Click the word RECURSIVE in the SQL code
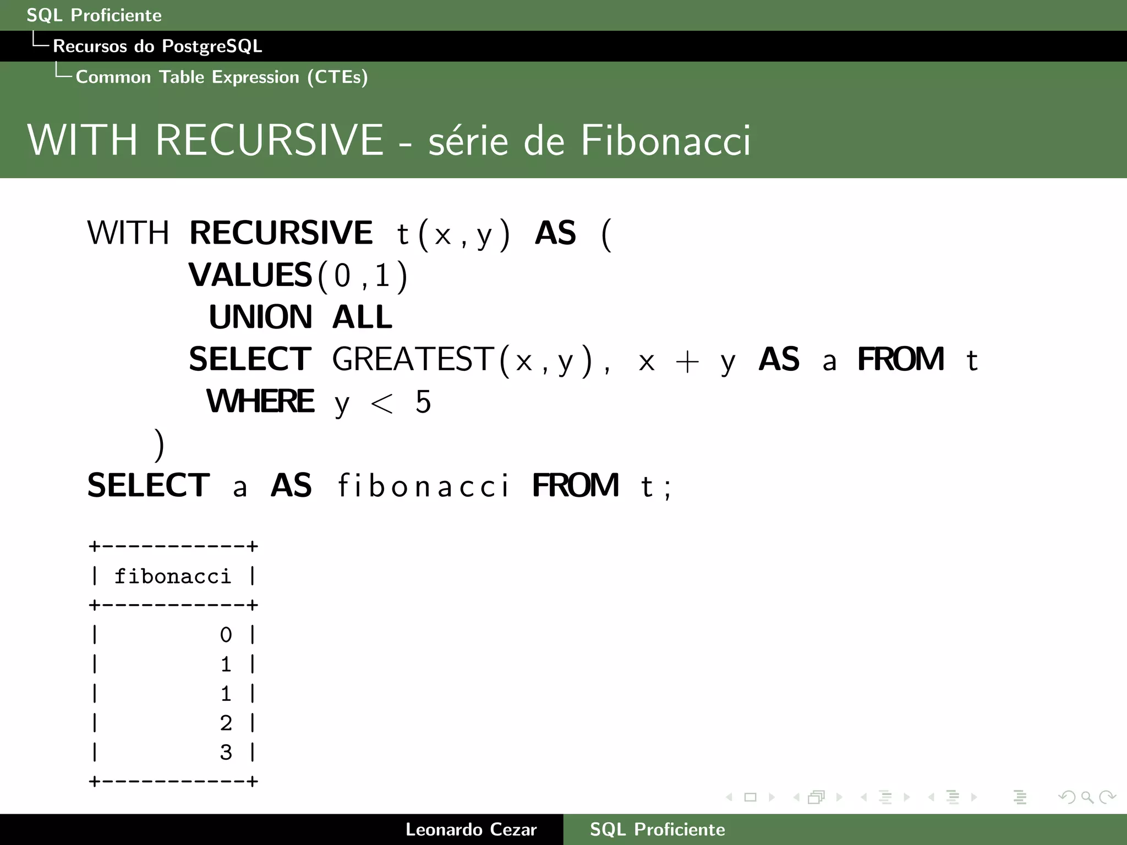point(281,233)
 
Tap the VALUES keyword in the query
point(250,275)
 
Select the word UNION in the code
point(260,317)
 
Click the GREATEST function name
point(413,360)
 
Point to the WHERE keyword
point(260,402)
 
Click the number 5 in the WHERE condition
point(423,402)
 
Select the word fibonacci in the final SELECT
point(423,486)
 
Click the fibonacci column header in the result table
point(173,577)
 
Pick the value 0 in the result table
point(226,635)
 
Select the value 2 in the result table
point(226,723)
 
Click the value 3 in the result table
point(226,752)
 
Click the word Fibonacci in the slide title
point(665,140)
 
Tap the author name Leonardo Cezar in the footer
point(471,830)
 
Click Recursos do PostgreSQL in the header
point(157,46)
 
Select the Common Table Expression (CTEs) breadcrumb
point(222,77)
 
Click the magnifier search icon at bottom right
point(1087,797)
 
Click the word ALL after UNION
point(362,317)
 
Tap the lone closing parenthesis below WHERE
point(160,445)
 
